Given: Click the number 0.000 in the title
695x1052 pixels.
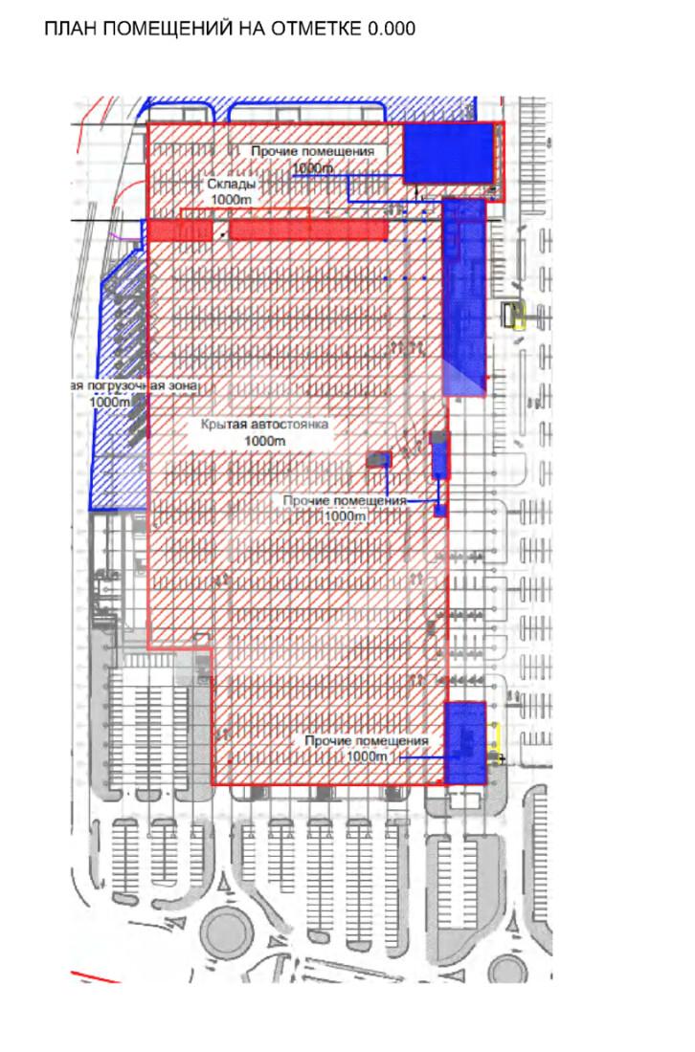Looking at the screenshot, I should point(391,30).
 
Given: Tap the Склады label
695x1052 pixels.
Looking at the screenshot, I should point(231,185).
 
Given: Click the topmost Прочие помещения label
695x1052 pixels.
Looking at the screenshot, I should point(313,152).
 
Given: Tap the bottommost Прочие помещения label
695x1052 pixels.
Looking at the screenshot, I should point(367,740).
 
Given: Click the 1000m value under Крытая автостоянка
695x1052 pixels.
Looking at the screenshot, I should point(265,440).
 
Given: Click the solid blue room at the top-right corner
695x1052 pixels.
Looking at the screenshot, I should point(447,152).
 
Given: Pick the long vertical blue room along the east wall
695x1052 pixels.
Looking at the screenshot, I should point(463,296).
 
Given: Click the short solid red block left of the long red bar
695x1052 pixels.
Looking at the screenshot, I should point(179,230).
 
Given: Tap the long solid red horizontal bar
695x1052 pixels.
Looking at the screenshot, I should point(308,230).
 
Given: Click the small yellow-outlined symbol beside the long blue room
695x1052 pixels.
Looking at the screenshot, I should point(517,315).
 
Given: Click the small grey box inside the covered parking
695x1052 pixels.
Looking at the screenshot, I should point(380,460).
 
